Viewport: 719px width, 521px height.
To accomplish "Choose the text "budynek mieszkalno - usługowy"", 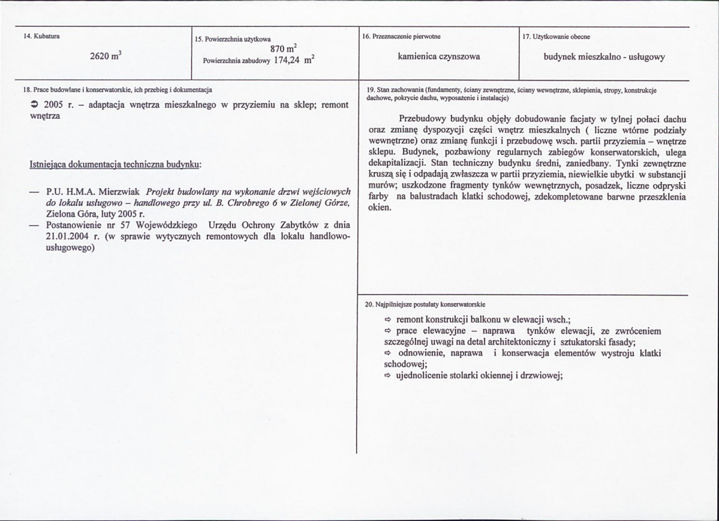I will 604,57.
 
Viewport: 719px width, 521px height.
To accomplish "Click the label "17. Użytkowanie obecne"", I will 556,37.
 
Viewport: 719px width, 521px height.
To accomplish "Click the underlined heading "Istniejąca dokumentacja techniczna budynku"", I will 116,164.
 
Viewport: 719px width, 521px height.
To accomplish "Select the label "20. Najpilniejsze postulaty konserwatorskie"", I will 425,305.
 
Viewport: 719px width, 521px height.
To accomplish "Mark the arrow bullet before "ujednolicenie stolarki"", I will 387,376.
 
